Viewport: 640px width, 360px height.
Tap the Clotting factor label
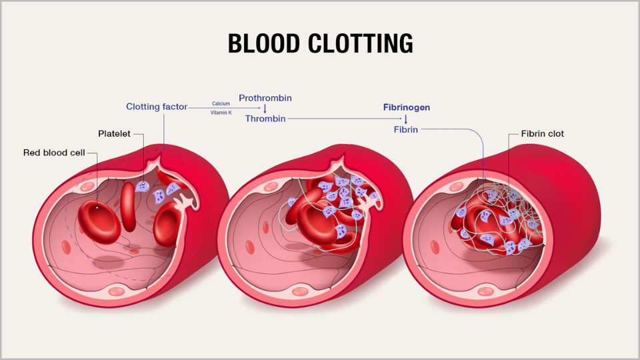point(157,107)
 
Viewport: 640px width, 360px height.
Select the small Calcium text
point(221,103)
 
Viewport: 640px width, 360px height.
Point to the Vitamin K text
point(221,113)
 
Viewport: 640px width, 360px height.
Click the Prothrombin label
point(265,98)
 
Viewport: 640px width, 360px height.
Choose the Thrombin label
point(265,119)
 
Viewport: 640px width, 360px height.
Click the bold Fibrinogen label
point(406,107)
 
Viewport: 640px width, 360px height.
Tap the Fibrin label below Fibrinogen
point(405,129)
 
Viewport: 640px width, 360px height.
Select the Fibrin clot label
point(542,134)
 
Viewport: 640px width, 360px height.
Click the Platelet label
point(114,134)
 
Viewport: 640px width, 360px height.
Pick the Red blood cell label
point(53,153)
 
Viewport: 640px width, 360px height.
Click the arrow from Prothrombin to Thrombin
point(265,108)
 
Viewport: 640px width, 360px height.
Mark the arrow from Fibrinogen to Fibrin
point(405,118)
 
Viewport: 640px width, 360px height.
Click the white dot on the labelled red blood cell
point(98,207)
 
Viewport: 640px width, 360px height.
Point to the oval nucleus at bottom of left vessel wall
point(117,291)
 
